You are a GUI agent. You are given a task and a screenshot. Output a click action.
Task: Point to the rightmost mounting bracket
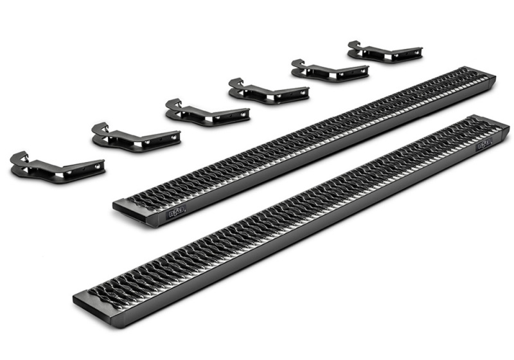click(x=384, y=51)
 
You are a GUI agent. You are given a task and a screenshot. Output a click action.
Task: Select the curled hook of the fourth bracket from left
click(x=236, y=84)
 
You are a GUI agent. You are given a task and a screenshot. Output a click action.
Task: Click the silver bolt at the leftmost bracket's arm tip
click(x=97, y=166)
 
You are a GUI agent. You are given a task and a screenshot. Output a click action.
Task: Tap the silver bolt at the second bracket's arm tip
click(x=173, y=136)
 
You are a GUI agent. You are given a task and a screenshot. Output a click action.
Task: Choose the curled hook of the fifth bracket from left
click(x=297, y=64)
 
